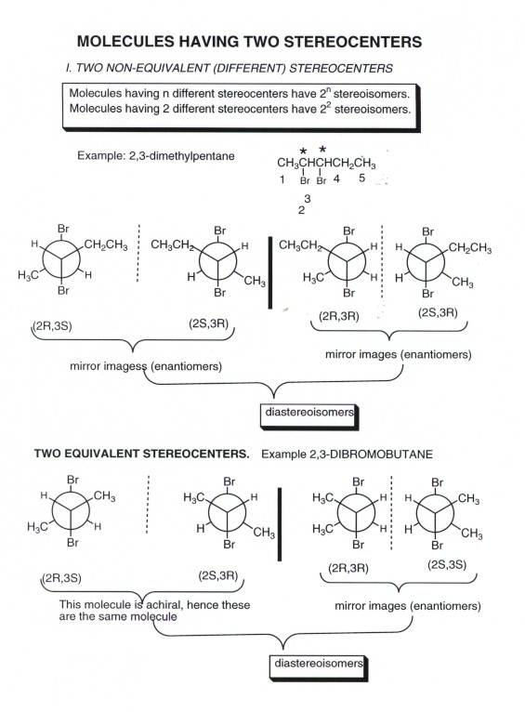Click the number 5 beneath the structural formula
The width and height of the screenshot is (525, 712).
coord(361,178)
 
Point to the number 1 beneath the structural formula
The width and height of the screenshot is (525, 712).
coord(282,179)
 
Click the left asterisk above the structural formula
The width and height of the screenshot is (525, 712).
coord(303,151)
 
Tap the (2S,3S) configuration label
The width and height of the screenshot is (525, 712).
coord(447,565)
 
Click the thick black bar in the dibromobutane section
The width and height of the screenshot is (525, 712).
coord(279,524)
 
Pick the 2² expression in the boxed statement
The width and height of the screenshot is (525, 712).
coord(324,109)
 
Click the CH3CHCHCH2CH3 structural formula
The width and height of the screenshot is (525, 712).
coord(326,163)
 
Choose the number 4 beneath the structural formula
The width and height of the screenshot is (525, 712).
coord(336,178)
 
